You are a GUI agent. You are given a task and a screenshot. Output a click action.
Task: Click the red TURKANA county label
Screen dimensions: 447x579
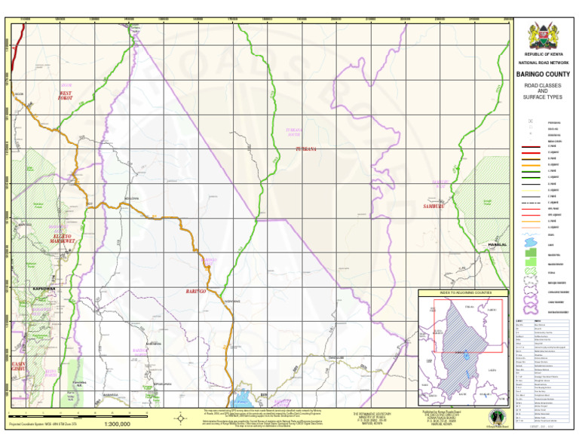pos(305,149)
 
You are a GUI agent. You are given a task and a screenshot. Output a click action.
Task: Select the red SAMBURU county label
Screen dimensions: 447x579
pos(435,205)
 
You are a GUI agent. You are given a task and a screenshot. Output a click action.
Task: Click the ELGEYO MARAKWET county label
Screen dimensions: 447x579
pos(63,239)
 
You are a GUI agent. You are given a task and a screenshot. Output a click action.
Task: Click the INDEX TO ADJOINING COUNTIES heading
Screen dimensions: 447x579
pos(464,292)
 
